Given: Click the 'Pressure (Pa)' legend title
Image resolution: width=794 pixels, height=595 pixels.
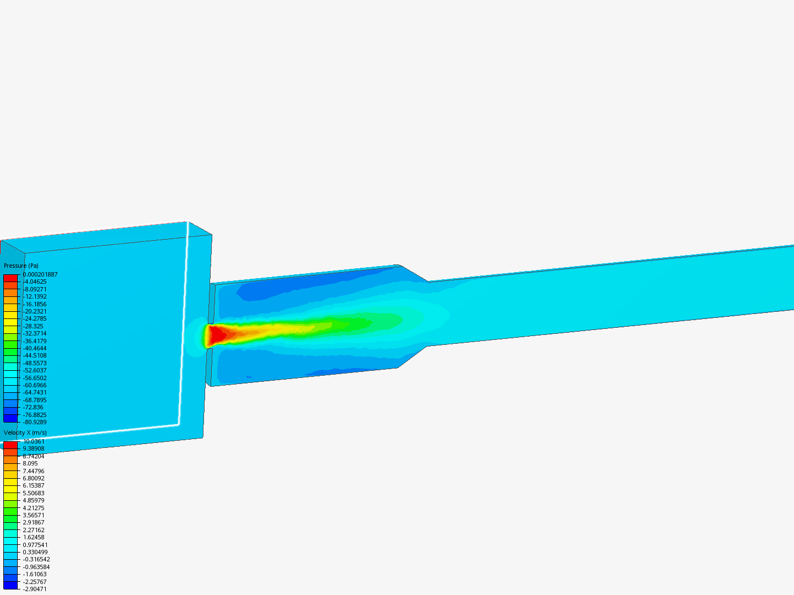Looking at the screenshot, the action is coord(21,266).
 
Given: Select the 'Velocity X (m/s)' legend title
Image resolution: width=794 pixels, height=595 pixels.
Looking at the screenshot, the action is coord(25,432).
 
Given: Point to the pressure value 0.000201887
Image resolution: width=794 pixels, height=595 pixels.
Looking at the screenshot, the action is coord(40,274).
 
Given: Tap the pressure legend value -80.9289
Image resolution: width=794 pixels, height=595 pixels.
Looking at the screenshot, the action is coord(35,422).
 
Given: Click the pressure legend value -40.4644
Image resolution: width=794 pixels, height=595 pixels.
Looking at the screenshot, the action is coord(35,348).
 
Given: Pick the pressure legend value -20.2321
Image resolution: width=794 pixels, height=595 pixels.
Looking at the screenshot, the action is coord(35,311).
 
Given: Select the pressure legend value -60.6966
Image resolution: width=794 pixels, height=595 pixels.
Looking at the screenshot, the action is coord(35,385).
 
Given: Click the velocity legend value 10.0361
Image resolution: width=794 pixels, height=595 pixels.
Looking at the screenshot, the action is coord(34,441).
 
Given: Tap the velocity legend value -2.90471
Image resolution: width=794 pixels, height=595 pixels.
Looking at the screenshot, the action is coord(35,589).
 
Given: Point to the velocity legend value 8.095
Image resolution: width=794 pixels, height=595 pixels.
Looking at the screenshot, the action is coord(30,463).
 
